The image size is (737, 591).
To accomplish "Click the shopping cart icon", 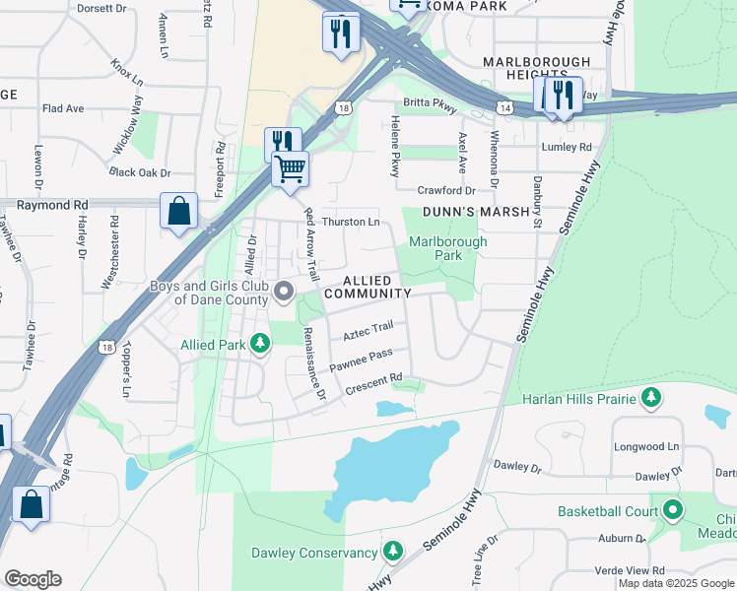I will [x=290, y=169].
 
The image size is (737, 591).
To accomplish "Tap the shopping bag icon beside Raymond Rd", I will [x=178, y=211].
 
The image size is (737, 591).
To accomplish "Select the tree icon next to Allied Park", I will [x=260, y=345].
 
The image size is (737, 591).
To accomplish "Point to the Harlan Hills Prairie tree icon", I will [x=650, y=397].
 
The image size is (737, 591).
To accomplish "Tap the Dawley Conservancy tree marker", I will [x=393, y=551].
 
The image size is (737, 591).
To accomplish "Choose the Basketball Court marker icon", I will [x=673, y=510].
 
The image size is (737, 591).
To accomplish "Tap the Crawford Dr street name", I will [x=446, y=190].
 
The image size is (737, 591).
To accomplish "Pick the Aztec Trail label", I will [x=368, y=331].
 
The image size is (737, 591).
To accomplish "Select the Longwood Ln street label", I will [x=647, y=446].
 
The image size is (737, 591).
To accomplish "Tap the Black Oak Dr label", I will [x=141, y=171].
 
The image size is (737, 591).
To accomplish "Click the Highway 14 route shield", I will [x=504, y=105].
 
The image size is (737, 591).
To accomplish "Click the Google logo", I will [x=33, y=579].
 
